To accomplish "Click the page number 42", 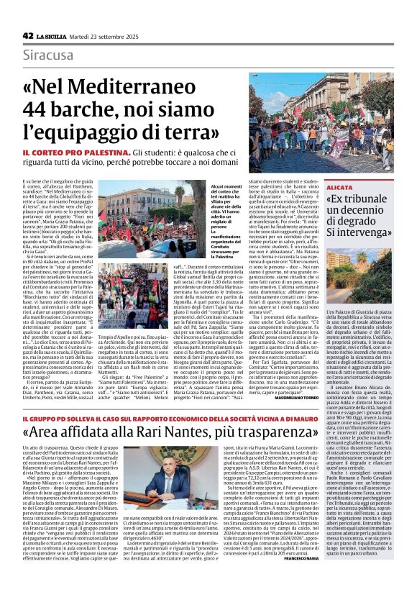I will [x=28, y=35].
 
